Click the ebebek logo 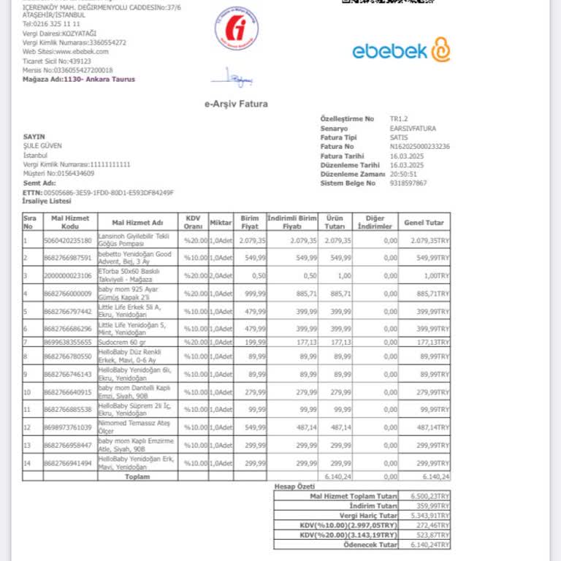pos(401,50)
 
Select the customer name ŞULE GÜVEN pos(43,145)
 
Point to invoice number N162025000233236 pos(420,146)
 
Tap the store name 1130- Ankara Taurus pos(99,80)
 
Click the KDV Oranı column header pos(193,222)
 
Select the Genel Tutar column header pos(424,222)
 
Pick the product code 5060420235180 pos(68,240)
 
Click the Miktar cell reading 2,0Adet pos(220,275)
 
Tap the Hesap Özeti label pos(294,486)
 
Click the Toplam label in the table pos(137,476)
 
